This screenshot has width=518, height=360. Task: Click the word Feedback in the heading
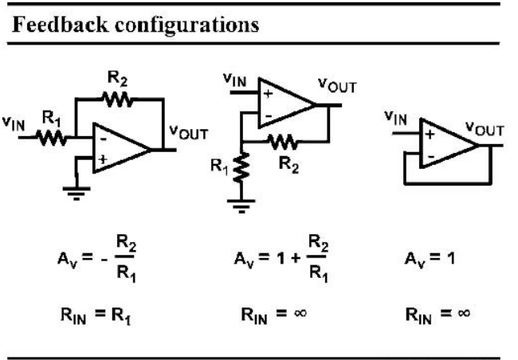coord(60,25)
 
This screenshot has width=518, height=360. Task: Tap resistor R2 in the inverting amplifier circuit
coord(117,99)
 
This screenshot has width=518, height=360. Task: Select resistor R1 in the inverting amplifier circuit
coord(51,138)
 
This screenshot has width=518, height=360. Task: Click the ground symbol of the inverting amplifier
coord(77,194)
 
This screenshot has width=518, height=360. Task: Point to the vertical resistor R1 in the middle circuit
coord(241,167)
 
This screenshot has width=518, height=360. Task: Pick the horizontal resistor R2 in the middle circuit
coord(284,142)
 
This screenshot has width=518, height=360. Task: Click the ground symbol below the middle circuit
coord(241,205)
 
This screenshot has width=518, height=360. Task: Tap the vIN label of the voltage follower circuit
coord(395,118)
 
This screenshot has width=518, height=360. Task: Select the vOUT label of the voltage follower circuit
coord(485,129)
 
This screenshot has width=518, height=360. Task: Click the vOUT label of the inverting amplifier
coord(189,133)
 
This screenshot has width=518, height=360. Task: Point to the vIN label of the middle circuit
coord(234,80)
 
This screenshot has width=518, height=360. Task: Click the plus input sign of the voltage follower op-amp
coord(430,135)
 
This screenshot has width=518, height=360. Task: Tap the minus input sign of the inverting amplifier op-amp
coord(104,139)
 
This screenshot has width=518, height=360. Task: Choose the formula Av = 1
coord(430,259)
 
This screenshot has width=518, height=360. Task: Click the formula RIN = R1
coord(96,315)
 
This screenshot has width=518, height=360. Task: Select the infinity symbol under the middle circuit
coord(300,312)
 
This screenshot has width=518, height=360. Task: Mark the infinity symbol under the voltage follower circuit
coord(464,312)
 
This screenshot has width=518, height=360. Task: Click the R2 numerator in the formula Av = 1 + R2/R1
coord(318,243)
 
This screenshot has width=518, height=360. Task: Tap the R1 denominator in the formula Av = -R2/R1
coord(126,273)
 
